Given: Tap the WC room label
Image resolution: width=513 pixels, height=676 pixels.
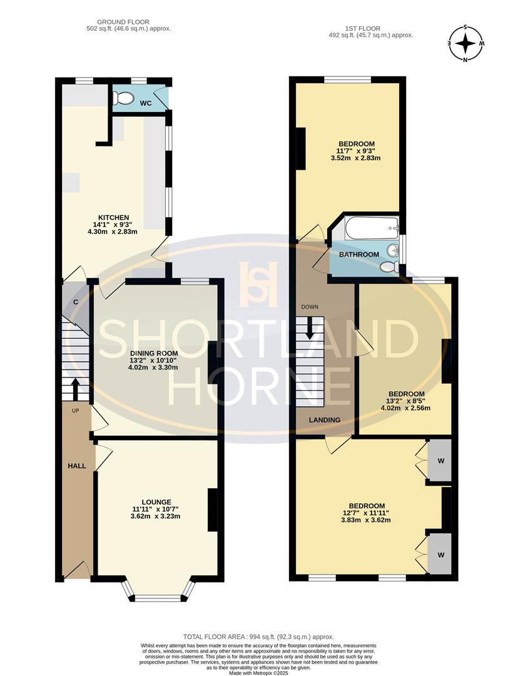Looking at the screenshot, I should coord(146,103).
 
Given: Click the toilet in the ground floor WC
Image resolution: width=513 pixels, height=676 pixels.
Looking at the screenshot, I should coord(124,98).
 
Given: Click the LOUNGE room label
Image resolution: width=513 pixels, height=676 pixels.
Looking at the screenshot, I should coord(156,501).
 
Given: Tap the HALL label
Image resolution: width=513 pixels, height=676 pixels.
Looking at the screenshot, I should coord(77,466).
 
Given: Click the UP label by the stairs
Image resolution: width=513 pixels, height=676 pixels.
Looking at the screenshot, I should coord(75,411).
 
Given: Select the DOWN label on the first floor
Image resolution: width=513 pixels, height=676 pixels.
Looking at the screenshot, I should coord(310,307).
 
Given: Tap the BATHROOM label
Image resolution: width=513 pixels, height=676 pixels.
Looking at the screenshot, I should coord(359,255).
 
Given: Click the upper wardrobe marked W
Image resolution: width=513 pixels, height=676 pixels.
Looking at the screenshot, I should coord(441,461).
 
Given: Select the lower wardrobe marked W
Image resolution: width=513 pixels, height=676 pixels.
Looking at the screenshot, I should coord(441,555).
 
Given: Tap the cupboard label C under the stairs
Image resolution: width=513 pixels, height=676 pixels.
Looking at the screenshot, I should coord(76,302).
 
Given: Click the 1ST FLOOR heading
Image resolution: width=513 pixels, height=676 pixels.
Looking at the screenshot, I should coord(362,28).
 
